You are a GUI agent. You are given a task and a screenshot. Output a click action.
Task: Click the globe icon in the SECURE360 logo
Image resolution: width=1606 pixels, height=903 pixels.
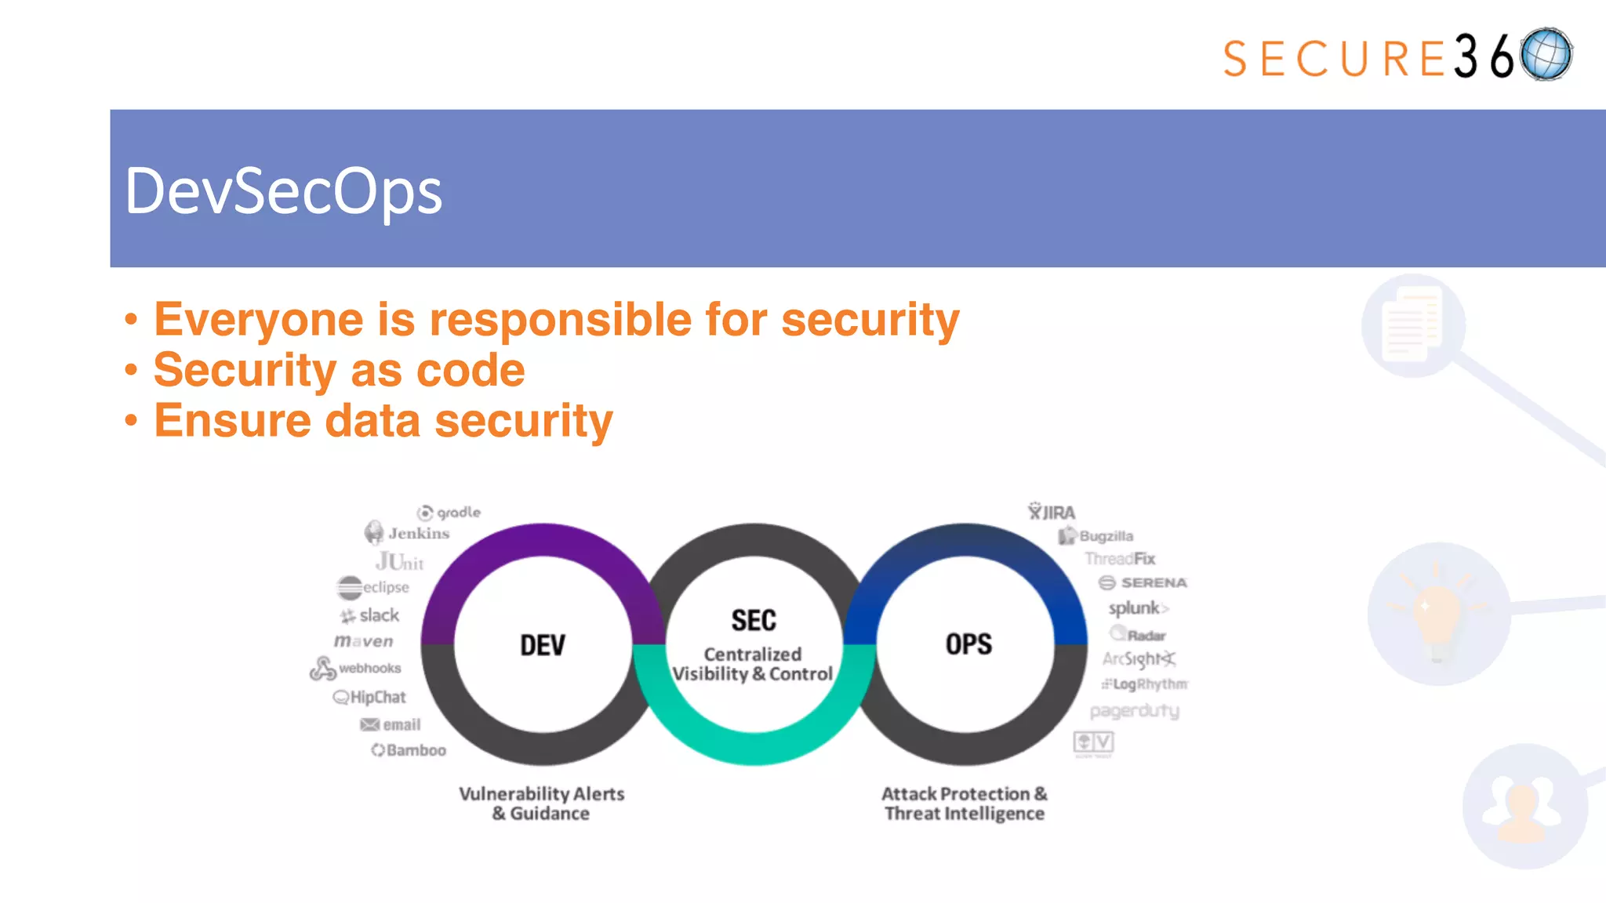pos(1546,55)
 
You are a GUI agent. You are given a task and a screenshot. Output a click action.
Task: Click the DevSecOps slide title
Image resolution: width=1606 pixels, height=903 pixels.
pos(284,191)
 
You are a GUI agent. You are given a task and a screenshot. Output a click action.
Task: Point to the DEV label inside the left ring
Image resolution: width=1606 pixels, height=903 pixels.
pos(542,645)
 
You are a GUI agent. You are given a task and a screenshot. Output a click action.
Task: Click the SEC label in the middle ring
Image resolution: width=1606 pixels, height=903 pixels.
pos(754,620)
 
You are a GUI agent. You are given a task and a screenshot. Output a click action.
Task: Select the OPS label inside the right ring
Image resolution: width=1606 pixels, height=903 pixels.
pos(968,644)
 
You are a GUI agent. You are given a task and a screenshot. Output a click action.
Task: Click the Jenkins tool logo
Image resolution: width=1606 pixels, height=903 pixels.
pos(407,533)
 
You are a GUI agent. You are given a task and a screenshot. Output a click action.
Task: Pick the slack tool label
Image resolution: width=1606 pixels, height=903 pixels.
pos(370,615)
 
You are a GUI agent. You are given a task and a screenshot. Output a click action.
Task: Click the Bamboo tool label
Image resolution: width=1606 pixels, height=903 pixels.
pos(409,750)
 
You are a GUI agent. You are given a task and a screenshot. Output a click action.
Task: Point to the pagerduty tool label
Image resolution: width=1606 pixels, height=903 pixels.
pos(1134,711)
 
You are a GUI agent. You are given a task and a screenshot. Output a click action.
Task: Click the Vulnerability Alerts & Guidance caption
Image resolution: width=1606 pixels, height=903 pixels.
pos(541,803)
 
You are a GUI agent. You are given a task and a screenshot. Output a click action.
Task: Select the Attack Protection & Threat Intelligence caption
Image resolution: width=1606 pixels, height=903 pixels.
pos(965,803)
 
